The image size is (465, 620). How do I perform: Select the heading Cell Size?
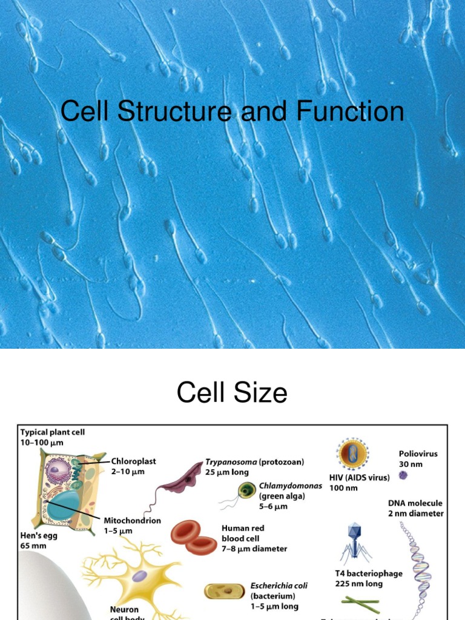tap(232, 393)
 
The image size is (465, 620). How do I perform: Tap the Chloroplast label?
tap(133, 461)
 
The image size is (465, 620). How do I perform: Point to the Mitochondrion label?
tap(132, 520)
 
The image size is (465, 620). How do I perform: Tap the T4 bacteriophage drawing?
tap(355, 542)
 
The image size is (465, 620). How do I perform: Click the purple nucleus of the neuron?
tap(140, 577)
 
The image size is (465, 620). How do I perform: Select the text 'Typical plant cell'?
tap(53, 432)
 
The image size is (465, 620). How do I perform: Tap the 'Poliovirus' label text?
tap(418, 453)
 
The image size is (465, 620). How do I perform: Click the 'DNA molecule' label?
tap(415, 503)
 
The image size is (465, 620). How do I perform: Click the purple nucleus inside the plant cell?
tap(59, 469)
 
